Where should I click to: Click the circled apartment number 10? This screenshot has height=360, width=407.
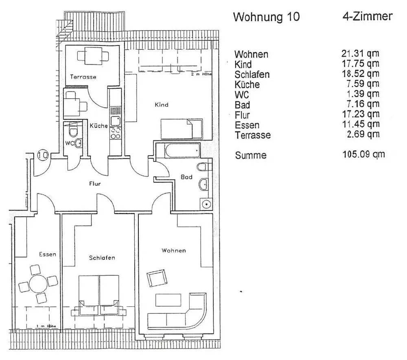point(43,155)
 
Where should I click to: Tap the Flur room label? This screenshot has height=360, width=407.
point(95,184)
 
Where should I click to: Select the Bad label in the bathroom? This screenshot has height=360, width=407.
point(186,177)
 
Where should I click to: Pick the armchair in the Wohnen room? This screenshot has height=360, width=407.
point(157,278)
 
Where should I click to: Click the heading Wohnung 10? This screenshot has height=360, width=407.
point(266,17)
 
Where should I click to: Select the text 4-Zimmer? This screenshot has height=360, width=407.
point(367,16)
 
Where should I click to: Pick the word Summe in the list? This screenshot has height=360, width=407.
point(250,155)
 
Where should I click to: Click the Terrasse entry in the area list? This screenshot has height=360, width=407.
point(252,135)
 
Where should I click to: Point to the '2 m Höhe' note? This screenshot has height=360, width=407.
point(201,75)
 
